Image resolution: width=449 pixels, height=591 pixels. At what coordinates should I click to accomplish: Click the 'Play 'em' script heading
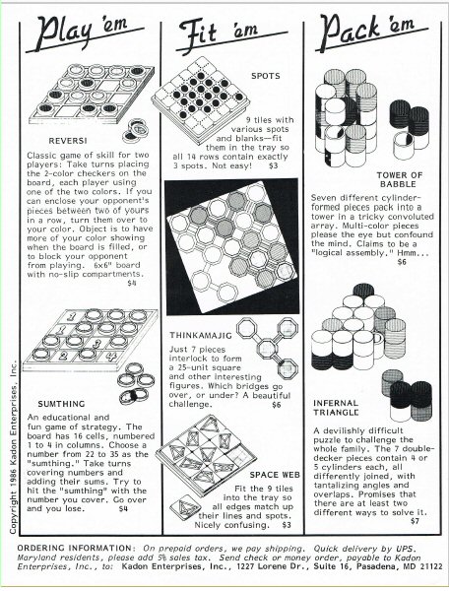(85, 33)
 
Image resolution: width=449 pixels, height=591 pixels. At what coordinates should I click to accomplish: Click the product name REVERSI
(68, 141)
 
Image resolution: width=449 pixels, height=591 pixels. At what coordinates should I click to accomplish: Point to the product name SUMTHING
(61, 404)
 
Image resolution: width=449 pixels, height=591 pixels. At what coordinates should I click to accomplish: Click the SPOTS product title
(266, 76)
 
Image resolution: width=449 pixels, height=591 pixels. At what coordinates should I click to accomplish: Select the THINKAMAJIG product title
(201, 335)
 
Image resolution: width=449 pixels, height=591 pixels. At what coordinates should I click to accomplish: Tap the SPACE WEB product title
(275, 475)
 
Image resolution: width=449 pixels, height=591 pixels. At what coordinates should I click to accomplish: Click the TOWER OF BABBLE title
(400, 179)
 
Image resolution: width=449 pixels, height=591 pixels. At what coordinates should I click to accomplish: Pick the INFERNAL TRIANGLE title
(336, 408)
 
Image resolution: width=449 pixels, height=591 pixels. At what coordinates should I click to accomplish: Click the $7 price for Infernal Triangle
(415, 521)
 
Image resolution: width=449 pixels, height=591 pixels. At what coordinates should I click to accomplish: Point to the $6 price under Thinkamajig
(277, 405)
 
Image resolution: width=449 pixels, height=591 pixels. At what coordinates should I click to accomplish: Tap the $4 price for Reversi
(132, 283)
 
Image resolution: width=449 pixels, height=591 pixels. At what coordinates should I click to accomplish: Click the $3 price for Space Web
(287, 525)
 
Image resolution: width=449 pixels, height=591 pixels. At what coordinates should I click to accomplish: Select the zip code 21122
(431, 566)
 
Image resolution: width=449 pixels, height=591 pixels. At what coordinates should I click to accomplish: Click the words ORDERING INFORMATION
(75, 548)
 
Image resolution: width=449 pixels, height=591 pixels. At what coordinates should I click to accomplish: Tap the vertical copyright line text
(14, 448)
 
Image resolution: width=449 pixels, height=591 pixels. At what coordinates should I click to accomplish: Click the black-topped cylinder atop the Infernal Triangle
(363, 291)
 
